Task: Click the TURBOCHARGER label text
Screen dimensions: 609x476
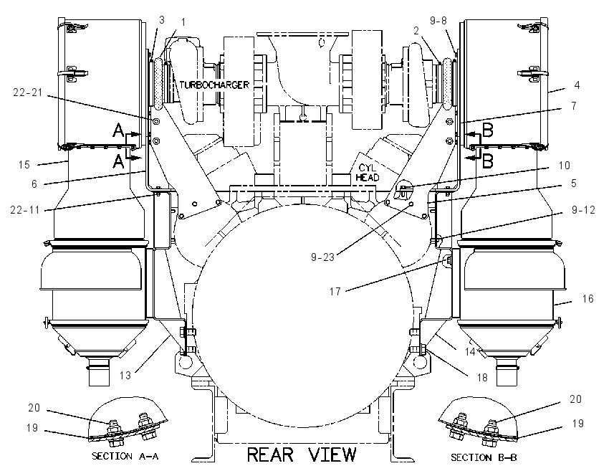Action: pyautogui.click(x=214, y=85)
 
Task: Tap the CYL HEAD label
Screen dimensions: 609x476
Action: pyautogui.click(x=367, y=173)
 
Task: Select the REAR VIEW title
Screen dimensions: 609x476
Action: pyautogui.click(x=302, y=454)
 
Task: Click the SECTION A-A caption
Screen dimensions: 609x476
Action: pyautogui.click(x=125, y=456)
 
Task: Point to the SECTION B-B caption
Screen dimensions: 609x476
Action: pyautogui.click(x=484, y=457)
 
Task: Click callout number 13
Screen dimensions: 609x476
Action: pyautogui.click(x=125, y=376)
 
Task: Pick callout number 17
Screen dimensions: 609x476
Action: pyautogui.click(x=335, y=292)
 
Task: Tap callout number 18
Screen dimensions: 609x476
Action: pyautogui.click(x=482, y=377)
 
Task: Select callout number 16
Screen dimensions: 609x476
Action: pyautogui.click(x=588, y=298)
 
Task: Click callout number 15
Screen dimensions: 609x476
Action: pyautogui.click(x=24, y=164)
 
